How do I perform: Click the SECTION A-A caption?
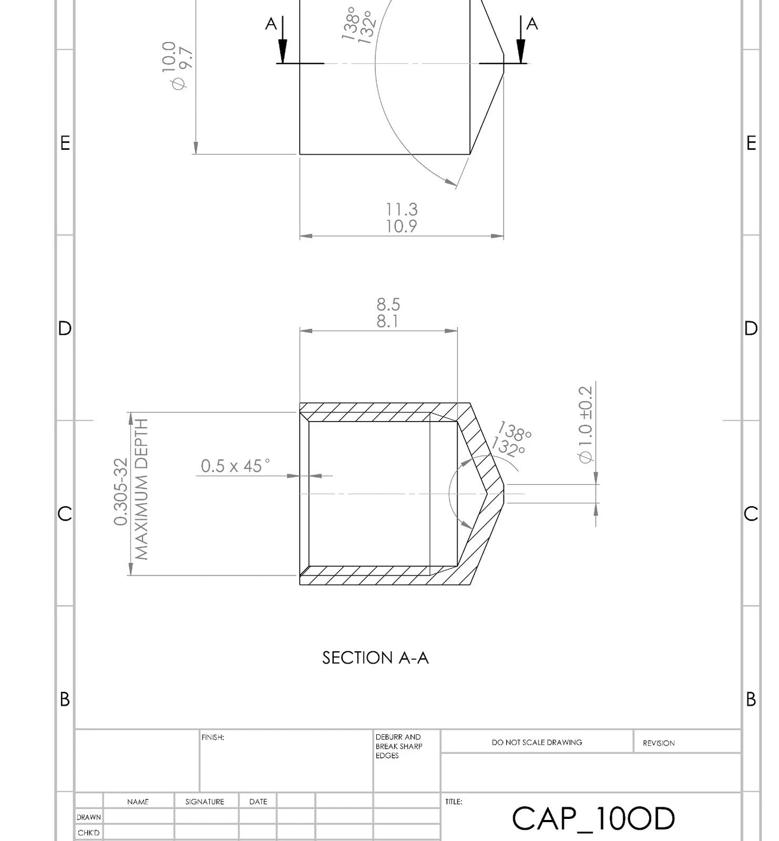[x=375, y=658]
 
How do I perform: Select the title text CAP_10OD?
[x=593, y=818]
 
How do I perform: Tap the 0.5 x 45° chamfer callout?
[x=236, y=466]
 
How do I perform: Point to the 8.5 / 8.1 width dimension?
[x=388, y=313]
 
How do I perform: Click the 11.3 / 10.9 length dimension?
[x=402, y=217]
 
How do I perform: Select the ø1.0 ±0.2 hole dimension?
[x=585, y=424]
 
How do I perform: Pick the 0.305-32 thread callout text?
[x=121, y=492]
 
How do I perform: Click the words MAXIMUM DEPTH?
[x=141, y=490]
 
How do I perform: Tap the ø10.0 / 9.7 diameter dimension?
[x=177, y=65]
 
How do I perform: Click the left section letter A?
[x=271, y=24]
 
